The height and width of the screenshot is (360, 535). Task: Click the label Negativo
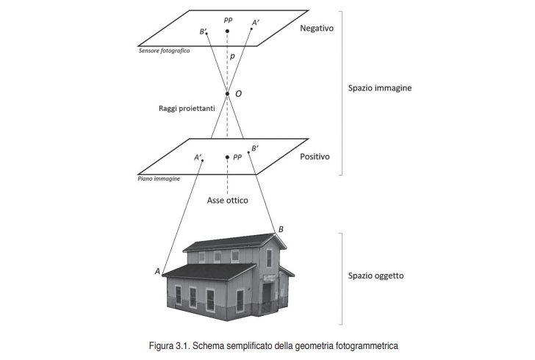click(317, 29)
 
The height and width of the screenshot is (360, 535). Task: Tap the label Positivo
click(315, 156)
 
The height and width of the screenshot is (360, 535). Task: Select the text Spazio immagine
click(380, 88)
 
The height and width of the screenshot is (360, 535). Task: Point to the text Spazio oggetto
click(376, 276)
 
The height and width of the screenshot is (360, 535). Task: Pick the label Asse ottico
click(228, 200)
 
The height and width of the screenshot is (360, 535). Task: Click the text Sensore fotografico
click(164, 51)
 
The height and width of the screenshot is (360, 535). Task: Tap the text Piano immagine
click(159, 178)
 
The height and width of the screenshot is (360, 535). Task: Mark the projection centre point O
click(228, 93)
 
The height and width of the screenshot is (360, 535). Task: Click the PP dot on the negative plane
click(228, 31)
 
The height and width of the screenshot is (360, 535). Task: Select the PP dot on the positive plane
click(227, 157)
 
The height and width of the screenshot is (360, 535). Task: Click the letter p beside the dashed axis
click(233, 56)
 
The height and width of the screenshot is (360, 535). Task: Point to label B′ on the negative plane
click(204, 32)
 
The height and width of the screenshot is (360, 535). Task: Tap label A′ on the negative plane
click(255, 23)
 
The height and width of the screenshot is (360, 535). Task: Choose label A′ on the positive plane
click(198, 156)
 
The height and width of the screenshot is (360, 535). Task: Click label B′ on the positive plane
click(254, 148)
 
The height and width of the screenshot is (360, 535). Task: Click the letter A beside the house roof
click(157, 271)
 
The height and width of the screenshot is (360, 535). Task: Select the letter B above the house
click(281, 230)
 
